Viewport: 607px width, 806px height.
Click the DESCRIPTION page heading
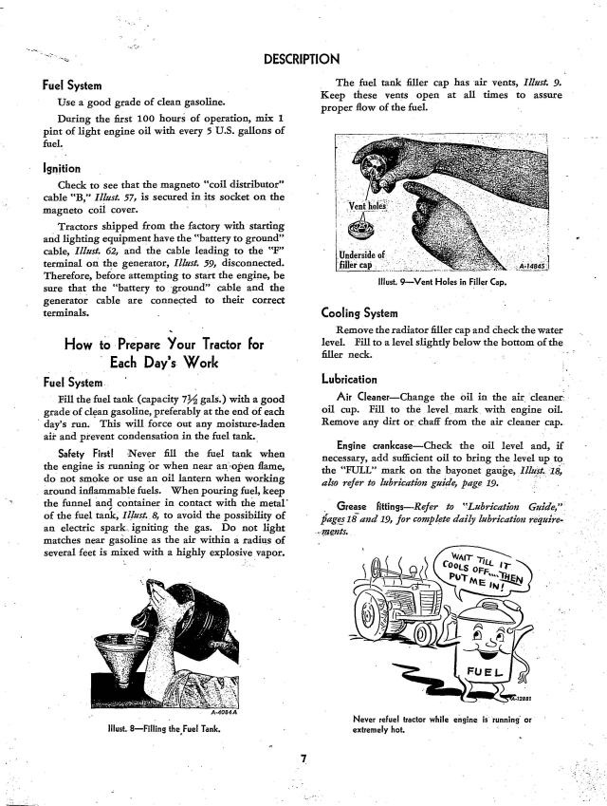[x=302, y=62]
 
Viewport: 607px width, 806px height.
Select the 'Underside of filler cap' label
[x=361, y=257]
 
